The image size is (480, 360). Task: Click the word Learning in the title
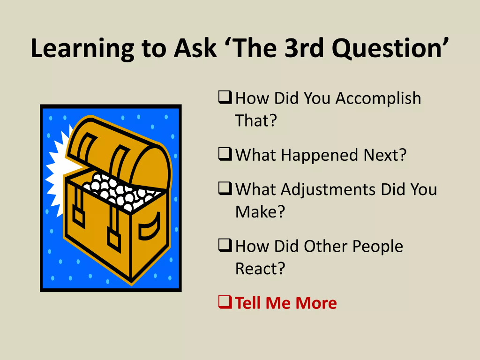pyautogui.click(x=82, y=48)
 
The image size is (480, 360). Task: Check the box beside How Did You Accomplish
pyautogui.click(x=225, y=97)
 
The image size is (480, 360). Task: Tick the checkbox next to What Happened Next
pyautogui.click(x=225, y=154)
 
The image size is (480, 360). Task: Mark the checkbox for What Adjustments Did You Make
pyautogui.click(x=225, y=188)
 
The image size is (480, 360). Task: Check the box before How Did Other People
pyautogui.click(x=225, y=245)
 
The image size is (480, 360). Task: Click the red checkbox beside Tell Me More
pyautogui.click(x=225, y=302)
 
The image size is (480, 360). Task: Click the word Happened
pyautogui.click(x=319, y=156)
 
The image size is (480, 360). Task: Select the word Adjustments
pyautogui.click(x=328, y=190)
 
